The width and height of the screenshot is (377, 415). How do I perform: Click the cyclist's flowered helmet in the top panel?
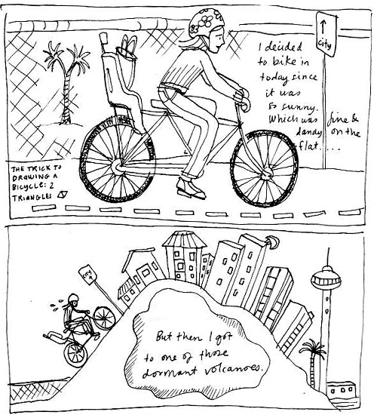pyautogui.click(x=206, y=23)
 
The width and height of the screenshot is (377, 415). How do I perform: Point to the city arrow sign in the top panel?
pyautogui.click(x=326, y=34)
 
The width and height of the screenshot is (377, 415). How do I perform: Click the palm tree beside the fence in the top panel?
pyautogui.click(x=66, y=82)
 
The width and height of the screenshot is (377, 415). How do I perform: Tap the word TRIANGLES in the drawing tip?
pyautogui.click(x=32, y=197)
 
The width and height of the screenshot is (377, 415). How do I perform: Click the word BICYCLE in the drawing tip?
pyautogui.click(x=27, y=186)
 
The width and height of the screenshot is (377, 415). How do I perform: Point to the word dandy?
pyautogui.click(x=308, y=132)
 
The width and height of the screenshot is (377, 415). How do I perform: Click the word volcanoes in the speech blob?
pyautogui.click(x=233, y=369)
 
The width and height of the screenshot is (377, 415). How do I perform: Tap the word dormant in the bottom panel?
pyautogui.click(x=170, y=371)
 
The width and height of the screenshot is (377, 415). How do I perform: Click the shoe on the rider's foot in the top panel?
pyautogui.click(x=191, y=189)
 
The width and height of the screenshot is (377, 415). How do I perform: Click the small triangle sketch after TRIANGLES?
pyautogui.click(x=63, y=195)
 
